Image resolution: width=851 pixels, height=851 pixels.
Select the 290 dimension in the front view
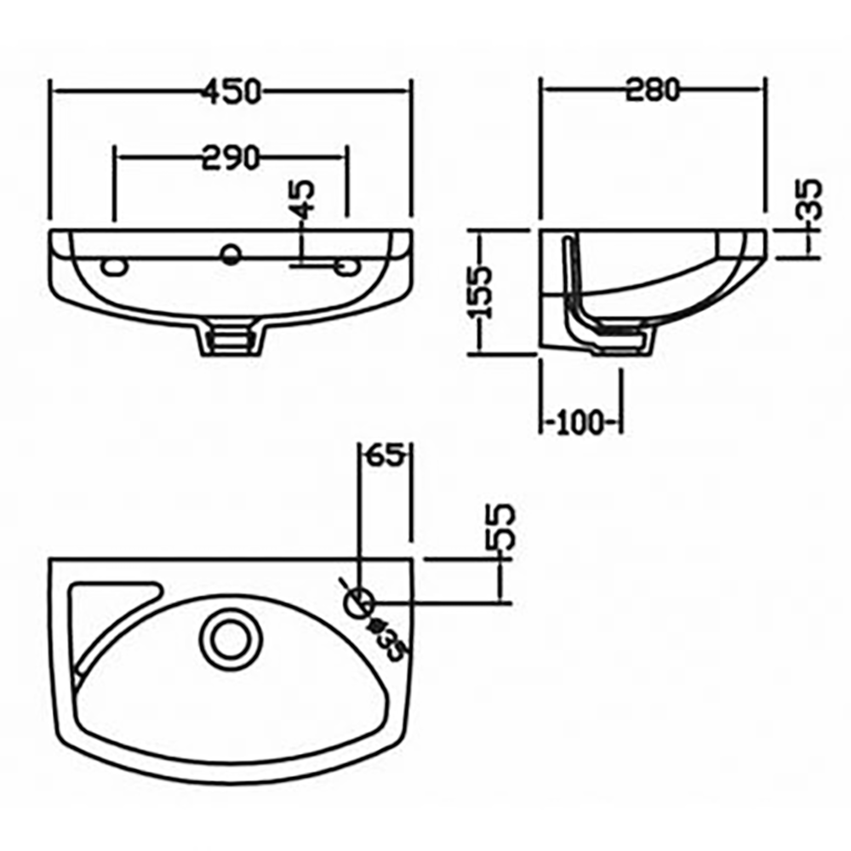tap(230, 157)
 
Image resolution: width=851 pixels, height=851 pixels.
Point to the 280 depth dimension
tap(653, 89)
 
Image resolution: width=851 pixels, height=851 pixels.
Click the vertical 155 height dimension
tap(483, 292)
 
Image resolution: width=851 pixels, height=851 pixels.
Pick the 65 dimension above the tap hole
tap(386, 456)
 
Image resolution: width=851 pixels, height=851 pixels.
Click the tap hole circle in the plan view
tap(359, 602)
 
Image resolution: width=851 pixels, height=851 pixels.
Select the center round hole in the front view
tap(231, 253)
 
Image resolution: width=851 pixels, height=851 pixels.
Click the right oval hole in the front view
tap(346, 266)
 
